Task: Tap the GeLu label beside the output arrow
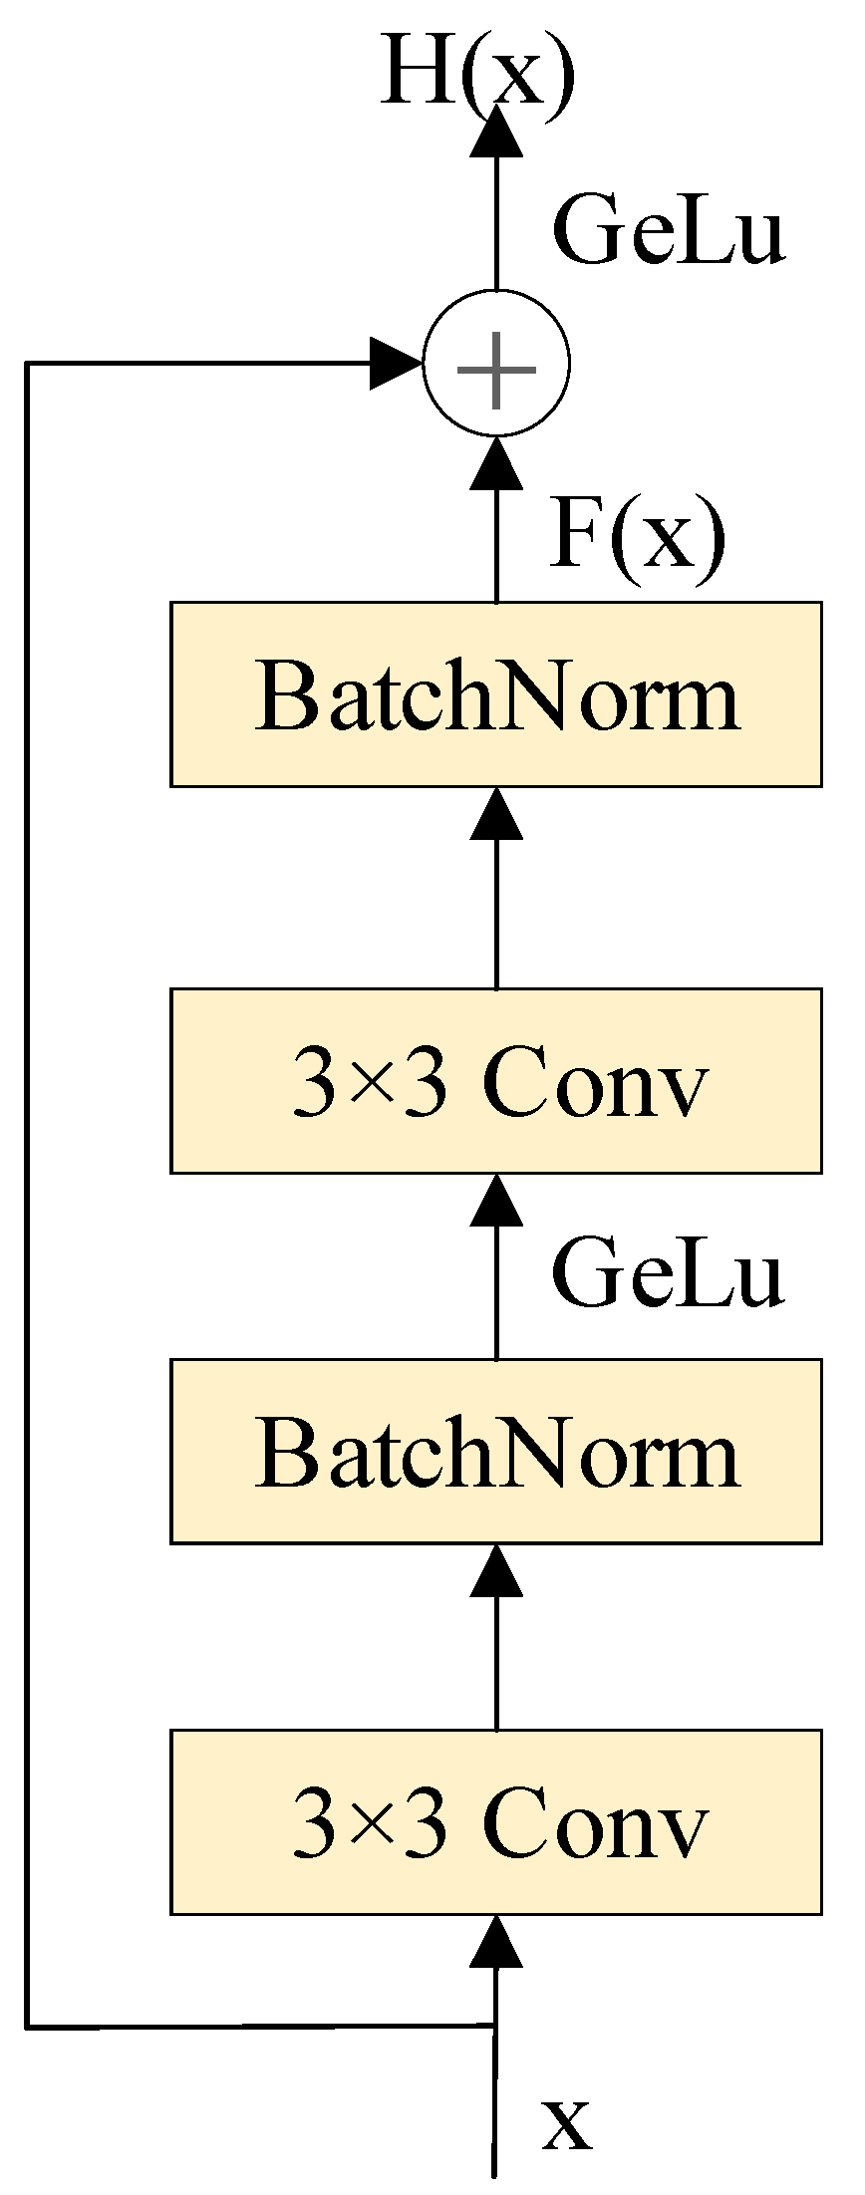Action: point(669,232)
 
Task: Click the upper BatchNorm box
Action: point(496,694)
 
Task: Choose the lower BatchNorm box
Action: point(496,1452)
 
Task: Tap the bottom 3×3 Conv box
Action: point(496,1822)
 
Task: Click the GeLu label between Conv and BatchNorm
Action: point(669,1272)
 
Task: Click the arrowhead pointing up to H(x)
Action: point(496,130)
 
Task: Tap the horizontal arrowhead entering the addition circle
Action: point(396,364)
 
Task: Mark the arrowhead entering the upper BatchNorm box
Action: point(496,812)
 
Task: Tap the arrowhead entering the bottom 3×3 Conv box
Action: point(496,1940)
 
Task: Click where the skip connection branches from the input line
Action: point(495,2025)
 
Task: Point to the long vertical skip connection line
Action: point(27,1196)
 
